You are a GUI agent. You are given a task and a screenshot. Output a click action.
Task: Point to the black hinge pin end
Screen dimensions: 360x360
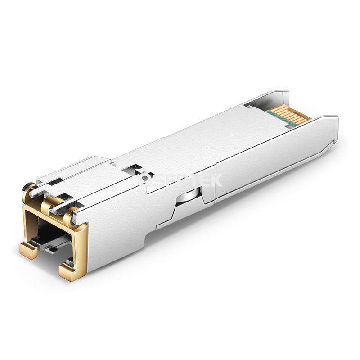tap(30, 185)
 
